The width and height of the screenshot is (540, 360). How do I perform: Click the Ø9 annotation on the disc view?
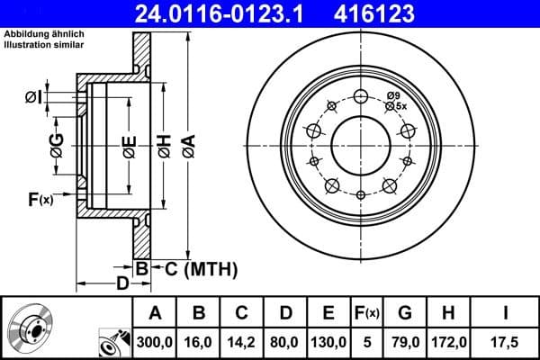click(393, 95)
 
